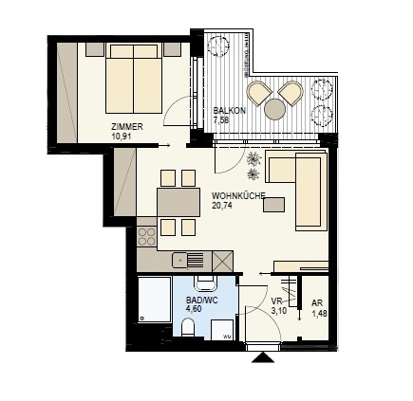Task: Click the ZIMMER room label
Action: point(127,127)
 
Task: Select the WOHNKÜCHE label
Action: point(238,196)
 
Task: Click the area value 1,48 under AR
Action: point(319,314)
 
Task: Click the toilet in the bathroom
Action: point(188,327)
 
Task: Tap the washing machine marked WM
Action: point(222,330)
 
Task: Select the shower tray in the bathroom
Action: point(155,300)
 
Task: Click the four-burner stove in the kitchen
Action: point(147,237)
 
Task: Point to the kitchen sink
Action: point(188,260)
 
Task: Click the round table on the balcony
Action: point(275,109)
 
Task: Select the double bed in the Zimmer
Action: point(134,79)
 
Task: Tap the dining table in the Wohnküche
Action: point(178,202)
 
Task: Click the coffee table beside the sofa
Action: point(273,205)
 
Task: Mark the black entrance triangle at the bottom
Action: point(263,357)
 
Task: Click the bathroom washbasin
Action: point(206,283)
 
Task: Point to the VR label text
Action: point(276,301)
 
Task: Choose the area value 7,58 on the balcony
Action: point(221,120)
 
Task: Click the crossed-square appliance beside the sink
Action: point(223,262)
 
